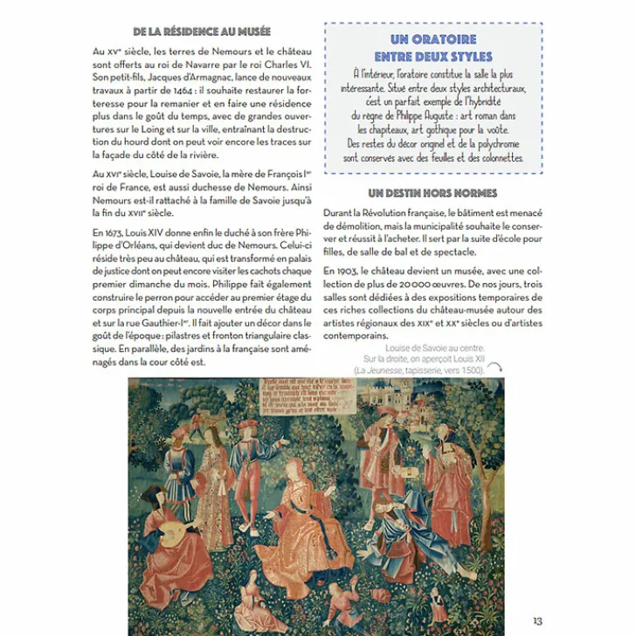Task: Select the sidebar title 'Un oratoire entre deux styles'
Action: [433, 48]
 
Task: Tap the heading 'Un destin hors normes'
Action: [432, 193]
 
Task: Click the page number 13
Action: [537, 620]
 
